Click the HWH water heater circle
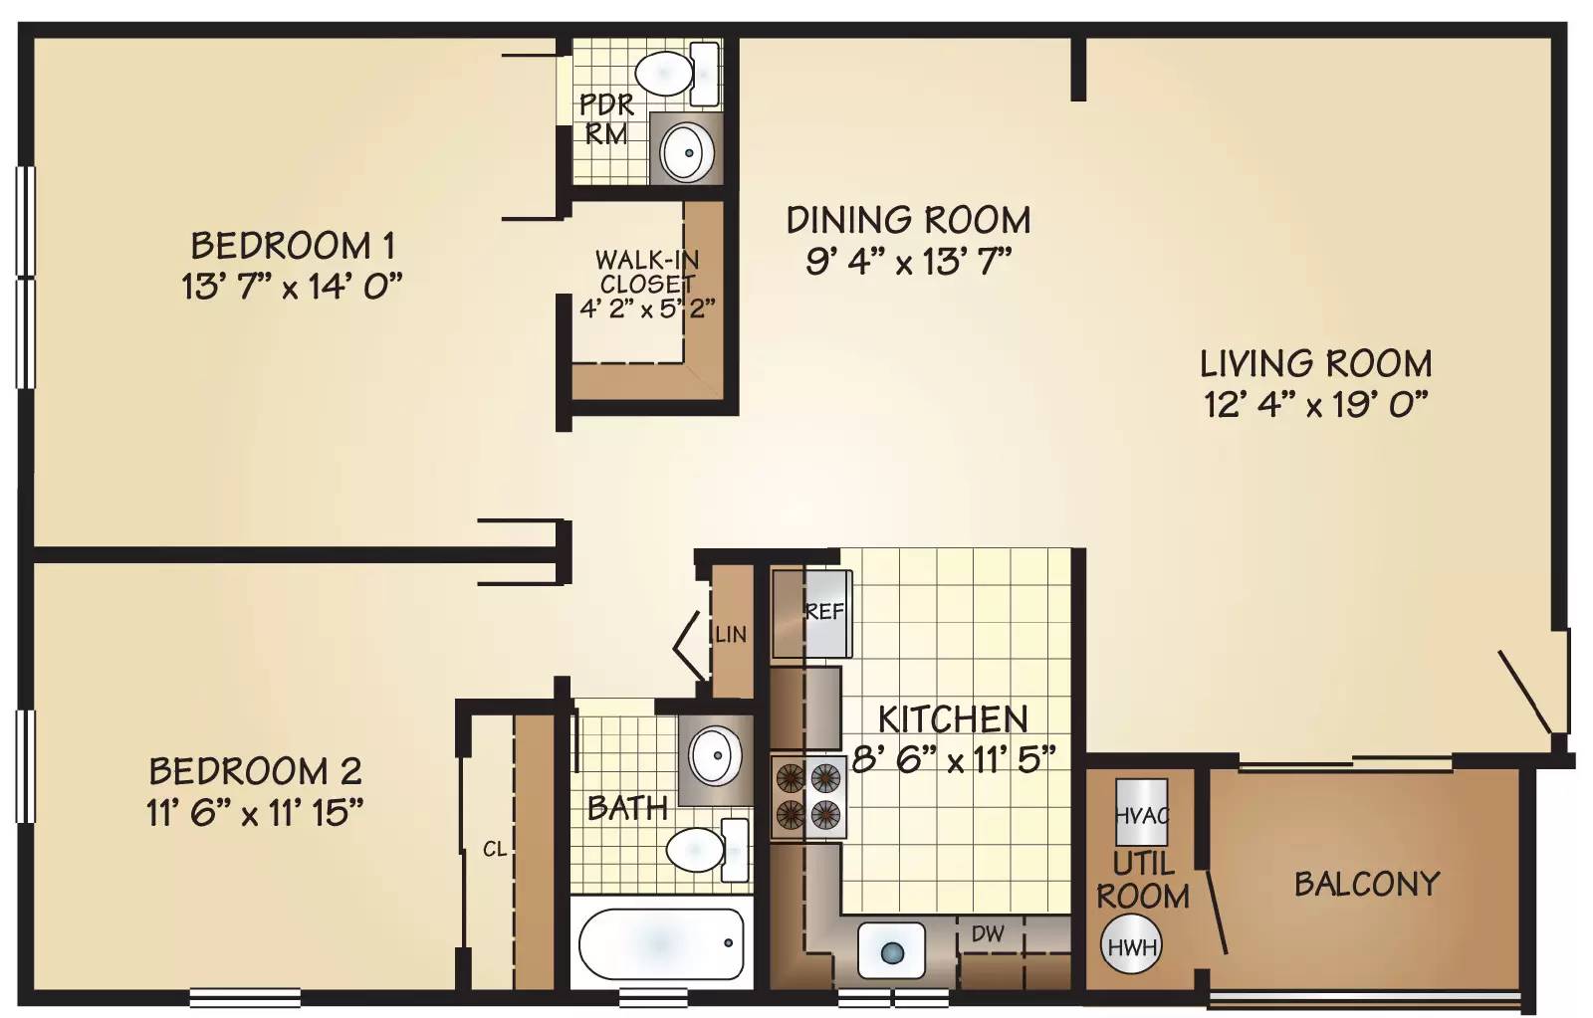click(x=1131, y=946)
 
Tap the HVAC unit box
click(x=1141, y=811)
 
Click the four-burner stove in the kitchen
click(x=808, y=796)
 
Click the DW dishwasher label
click(x=988, y=934)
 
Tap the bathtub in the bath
click(x=661, y=943)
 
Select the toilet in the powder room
click(x=677, y=74)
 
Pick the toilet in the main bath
click(x=708, y=850)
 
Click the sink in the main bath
click(x=717, y=754)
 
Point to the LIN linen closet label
click(x=731, y=634)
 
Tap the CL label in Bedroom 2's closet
click(x=494, y=849)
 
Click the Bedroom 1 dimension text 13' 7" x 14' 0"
click(x=293, y=288)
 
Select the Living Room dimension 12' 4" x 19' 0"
click(x=1316, y=406)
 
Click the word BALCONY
click(x=1367, y=884)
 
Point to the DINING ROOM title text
click(x=908, y=220)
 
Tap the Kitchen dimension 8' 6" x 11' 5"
click(x=953, y=759)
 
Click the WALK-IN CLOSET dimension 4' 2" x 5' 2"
click(x=647, y=308)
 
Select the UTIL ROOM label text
click(x=1143, y=880)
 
